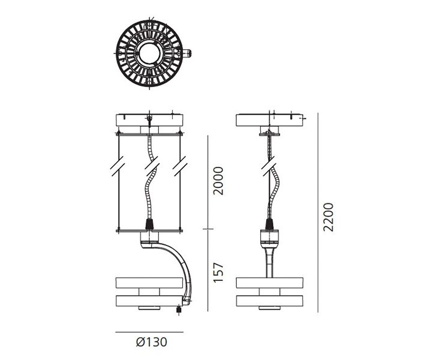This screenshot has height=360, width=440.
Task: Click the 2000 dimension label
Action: (218, 181)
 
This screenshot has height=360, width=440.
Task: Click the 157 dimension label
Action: (218, 272)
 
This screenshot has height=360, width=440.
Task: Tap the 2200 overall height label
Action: (328, 217)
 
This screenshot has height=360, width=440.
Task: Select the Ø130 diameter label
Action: (152, 342)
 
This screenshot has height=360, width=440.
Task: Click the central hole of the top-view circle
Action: (150, 53)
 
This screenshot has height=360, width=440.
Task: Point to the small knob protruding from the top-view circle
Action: (187, 53)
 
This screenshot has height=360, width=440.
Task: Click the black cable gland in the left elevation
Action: (150, 224)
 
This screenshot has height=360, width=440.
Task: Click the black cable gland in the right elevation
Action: (269, 224)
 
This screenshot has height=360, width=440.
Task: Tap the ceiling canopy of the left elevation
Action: (150, 120)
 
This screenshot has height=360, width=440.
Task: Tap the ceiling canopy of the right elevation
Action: (269, 120)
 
